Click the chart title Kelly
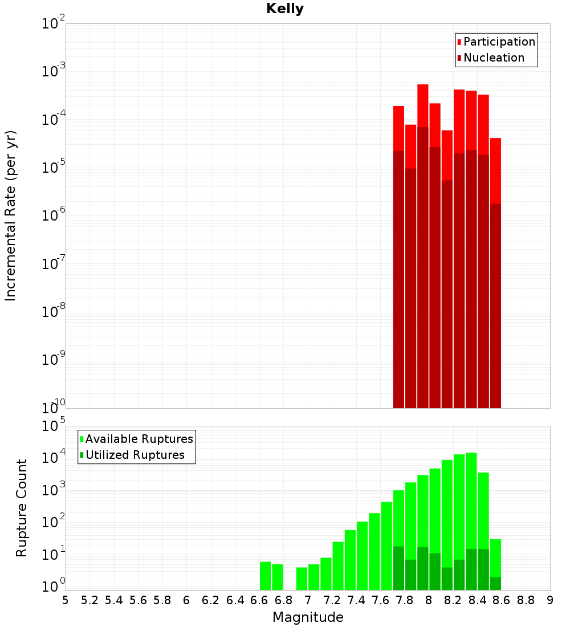click(285, 9)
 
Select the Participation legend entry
click(499, 42)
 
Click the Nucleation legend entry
click(494, 58)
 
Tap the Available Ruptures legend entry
click(139, 439)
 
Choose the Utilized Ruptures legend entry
click(135, 455)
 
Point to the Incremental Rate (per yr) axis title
click(11, 215)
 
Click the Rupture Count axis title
click(22, 508)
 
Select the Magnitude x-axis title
click(308, 617)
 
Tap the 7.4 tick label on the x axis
click(356, 600)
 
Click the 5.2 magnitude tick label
click(89, 600)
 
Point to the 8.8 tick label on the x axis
click(526, 600)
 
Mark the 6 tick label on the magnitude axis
click(186, 600)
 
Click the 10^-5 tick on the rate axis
click(54, 166)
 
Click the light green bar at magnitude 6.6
click(265, 576)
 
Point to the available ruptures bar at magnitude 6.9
click(302, 579)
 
